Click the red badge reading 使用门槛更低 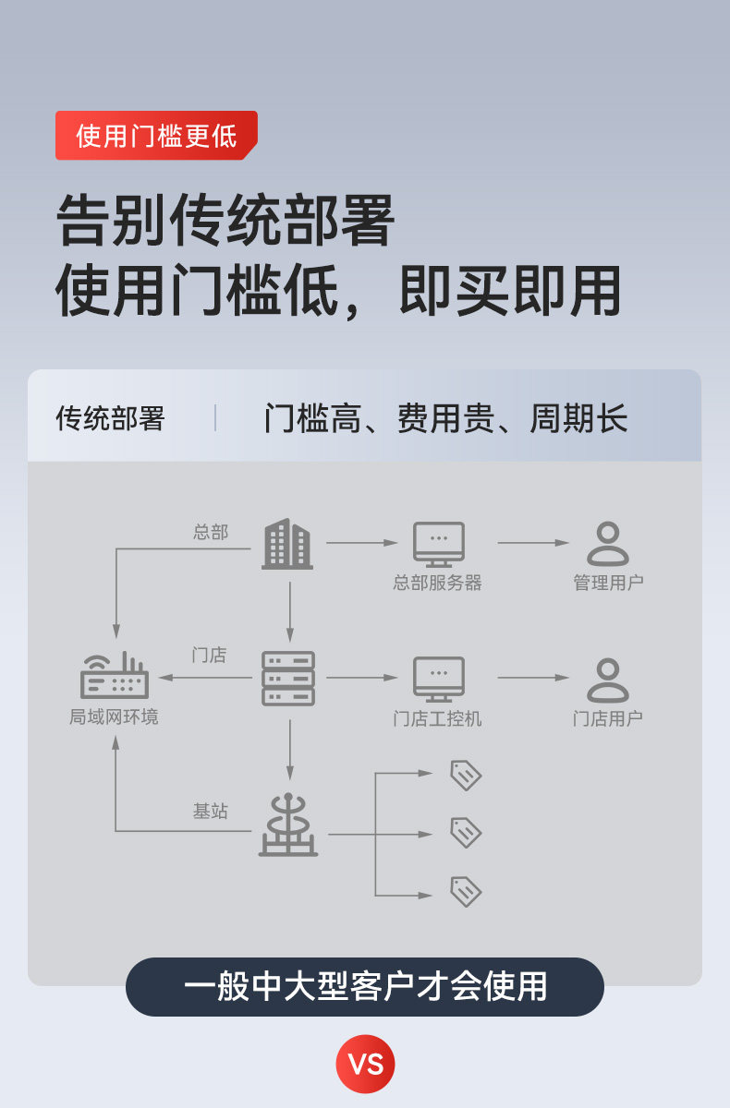156,136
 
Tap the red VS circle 365,1064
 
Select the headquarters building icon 287,544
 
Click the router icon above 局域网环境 115,676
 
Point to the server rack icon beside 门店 288,679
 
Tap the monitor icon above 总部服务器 438,544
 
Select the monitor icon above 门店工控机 438,679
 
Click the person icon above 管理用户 607,544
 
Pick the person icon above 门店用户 607,680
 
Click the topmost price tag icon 466,775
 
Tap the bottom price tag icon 466,892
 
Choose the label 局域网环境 114,717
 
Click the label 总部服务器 438,584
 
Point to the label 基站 210,812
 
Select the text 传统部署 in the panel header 110,419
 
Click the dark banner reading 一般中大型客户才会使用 365,987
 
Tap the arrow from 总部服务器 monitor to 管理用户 533,543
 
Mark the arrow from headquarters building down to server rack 289,611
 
